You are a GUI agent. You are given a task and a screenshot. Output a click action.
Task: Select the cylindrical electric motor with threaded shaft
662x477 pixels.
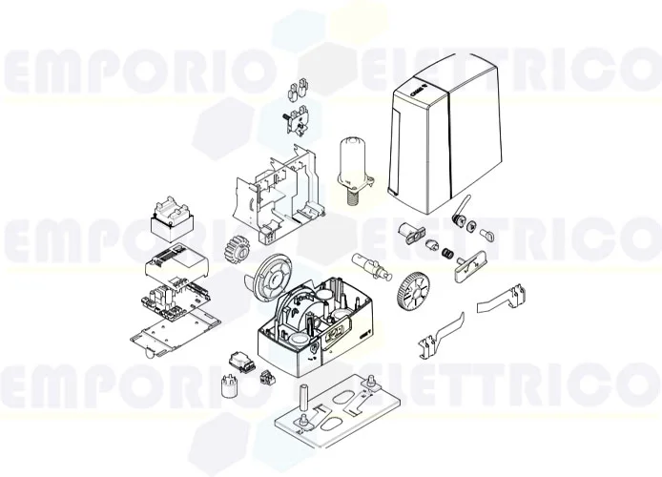pos(353,164)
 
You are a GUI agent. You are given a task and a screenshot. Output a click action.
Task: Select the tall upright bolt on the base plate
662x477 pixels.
pos(305,400)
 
